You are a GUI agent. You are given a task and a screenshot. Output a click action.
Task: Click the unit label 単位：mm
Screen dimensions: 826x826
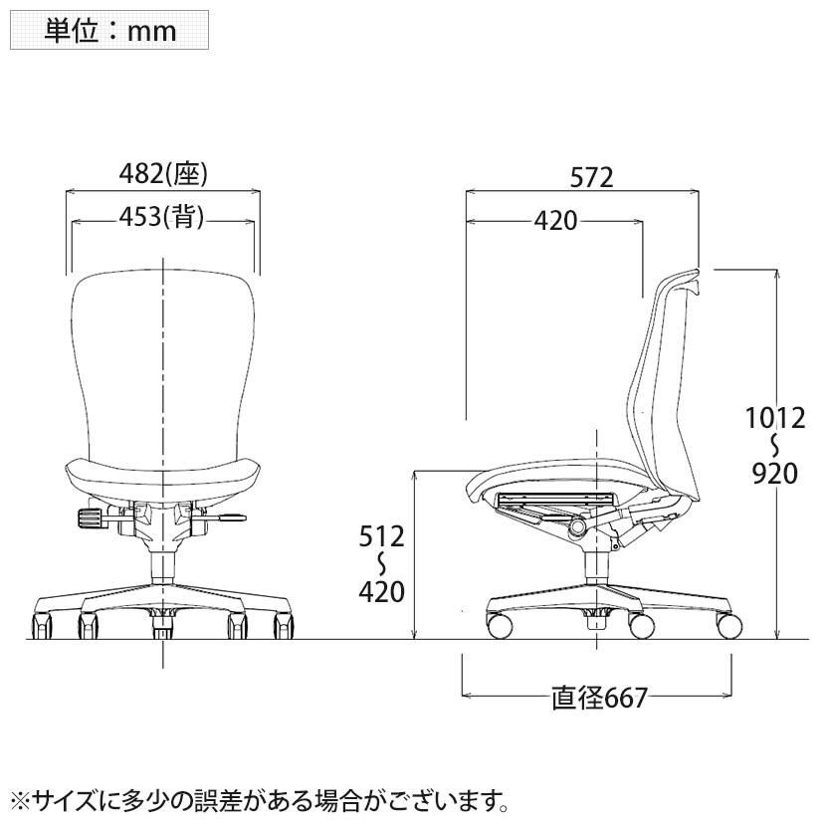point(109,31)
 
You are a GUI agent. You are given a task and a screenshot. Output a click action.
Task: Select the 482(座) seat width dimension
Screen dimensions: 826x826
point(163,173)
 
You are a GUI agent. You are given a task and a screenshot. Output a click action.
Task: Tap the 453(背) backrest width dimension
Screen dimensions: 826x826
point(161,217)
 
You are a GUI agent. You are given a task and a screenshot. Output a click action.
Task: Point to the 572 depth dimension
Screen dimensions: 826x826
point(591,177)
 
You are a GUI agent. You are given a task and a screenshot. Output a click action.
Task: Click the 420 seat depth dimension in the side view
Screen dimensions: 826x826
point(555,221)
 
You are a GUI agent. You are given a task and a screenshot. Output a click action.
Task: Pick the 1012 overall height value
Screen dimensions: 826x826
point(775,418)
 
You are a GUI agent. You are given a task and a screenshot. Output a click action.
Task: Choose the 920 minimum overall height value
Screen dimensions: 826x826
point(775,474)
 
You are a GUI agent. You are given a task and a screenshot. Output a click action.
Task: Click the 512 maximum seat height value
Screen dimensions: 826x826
point(381,536)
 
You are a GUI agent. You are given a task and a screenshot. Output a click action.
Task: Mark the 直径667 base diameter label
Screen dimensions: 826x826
point(599,698)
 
